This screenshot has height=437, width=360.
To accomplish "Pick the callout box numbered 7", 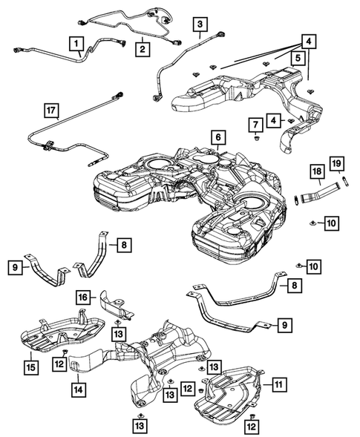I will click(x=255, y=122).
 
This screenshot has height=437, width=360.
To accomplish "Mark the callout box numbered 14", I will click(x=77, y=387).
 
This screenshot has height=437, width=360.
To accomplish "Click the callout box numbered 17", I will click(x=50, y=112).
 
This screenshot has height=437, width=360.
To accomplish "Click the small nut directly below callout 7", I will click(x=255, y=138).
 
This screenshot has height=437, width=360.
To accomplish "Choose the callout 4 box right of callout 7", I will click(x=275, y=120).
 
